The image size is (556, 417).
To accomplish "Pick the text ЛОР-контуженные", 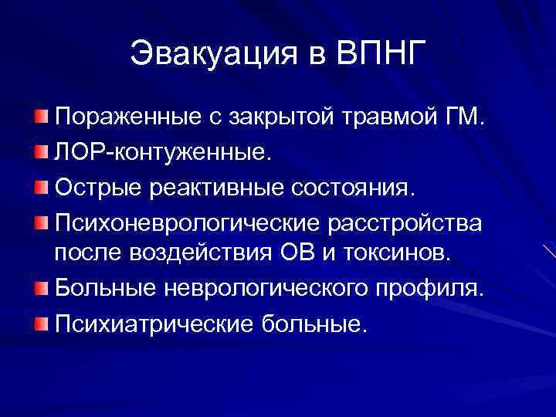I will [163, 152].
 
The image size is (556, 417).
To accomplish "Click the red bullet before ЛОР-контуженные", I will [40, 150].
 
